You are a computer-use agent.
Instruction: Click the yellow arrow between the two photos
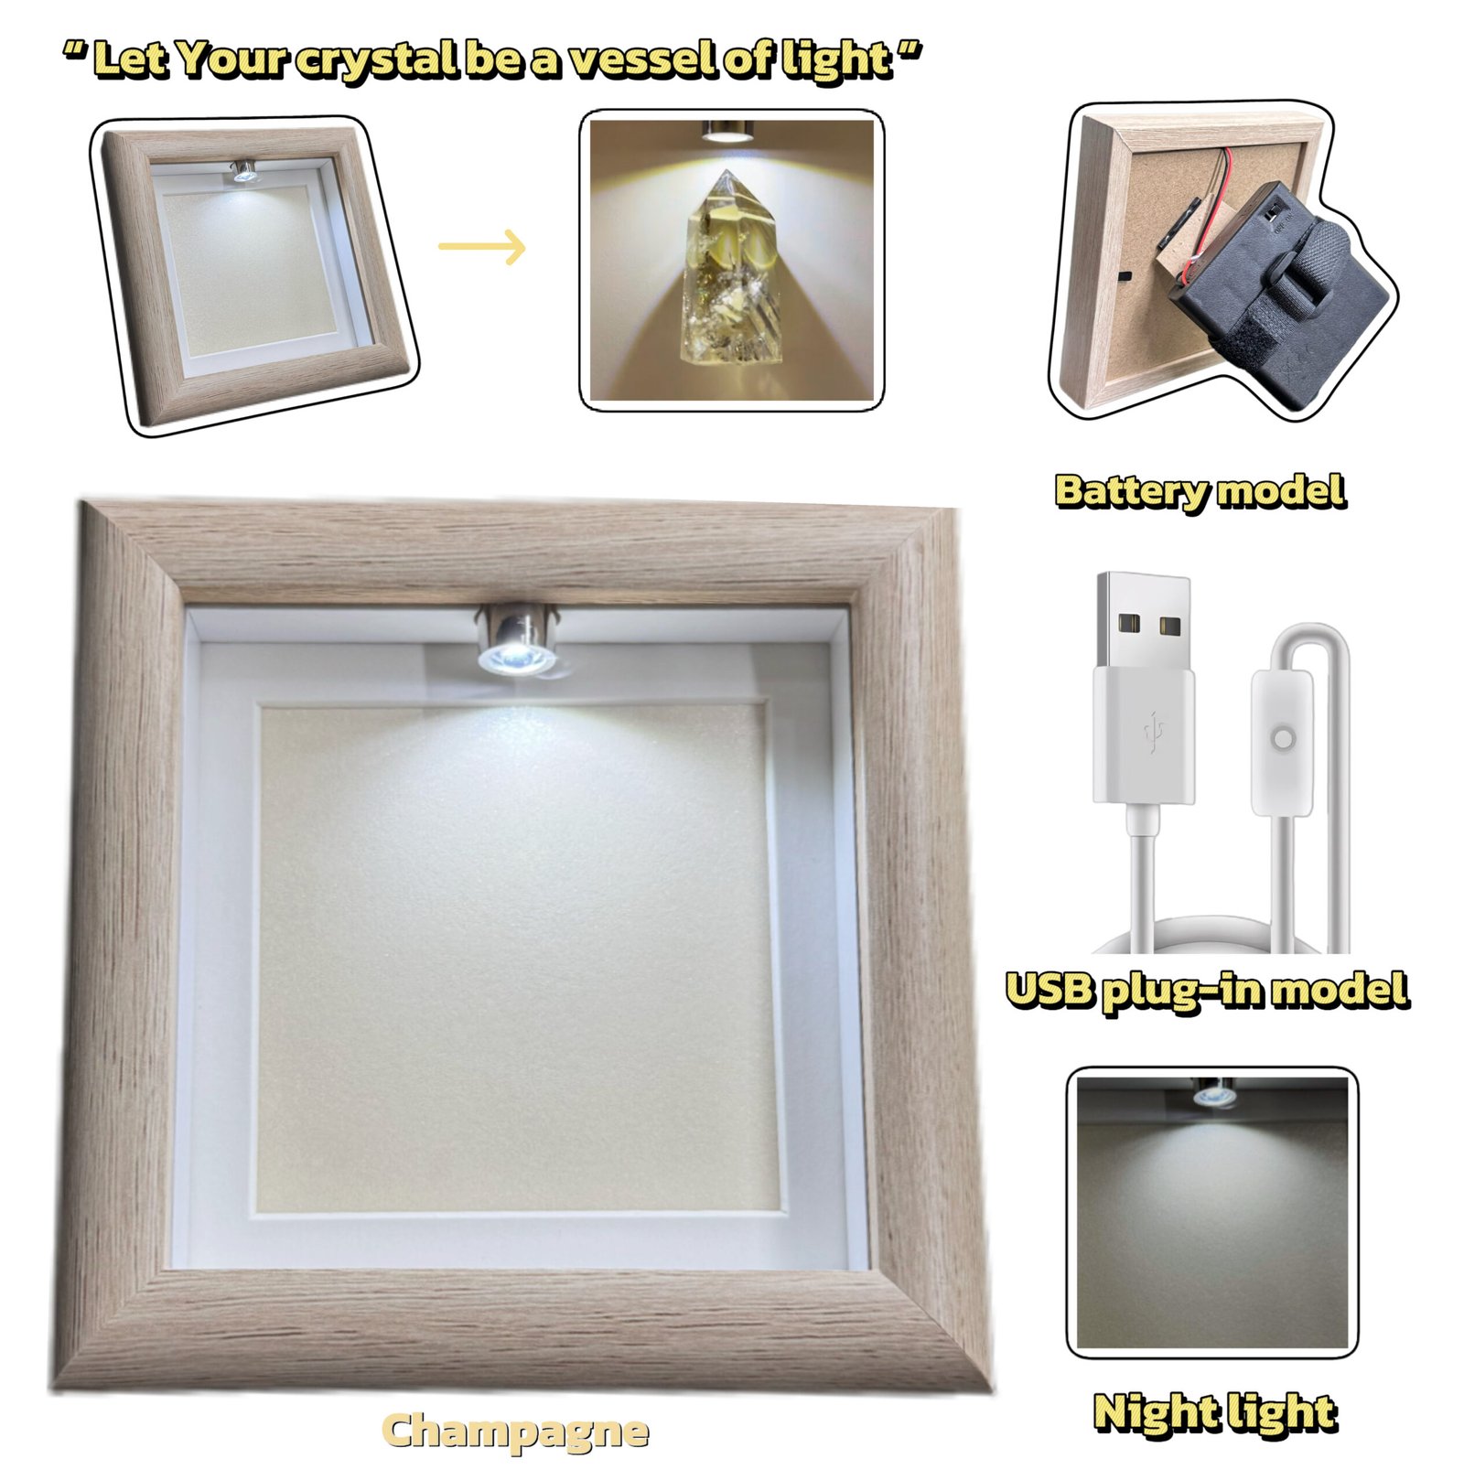coord(482,247)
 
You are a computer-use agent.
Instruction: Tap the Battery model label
coord(1200,491)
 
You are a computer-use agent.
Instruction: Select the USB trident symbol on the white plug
coord(1153,732)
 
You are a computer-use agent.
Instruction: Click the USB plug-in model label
coord(1207,992)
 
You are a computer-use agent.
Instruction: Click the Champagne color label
coord(515,1431)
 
